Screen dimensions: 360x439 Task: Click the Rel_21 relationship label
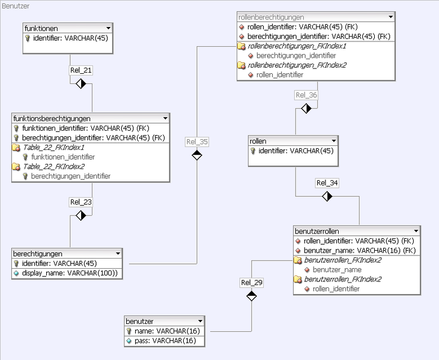point(81,70)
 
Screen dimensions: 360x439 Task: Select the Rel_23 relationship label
point(81,202)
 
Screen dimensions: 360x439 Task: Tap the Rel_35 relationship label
point(197,142)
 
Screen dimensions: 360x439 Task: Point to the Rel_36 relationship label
point(306,95)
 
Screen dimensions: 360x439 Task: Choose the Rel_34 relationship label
point(327,182)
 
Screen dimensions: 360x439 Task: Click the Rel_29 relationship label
point(252,282)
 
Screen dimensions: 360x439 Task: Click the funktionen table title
point(41,28)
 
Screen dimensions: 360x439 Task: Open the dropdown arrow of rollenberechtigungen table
point(390,17)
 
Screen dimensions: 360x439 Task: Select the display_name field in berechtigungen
point(70,273)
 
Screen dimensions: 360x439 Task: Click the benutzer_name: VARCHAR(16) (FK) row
point(360,250)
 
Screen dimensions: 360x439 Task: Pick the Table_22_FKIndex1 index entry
point(53,147)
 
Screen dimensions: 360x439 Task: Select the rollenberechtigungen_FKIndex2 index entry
point(289,65)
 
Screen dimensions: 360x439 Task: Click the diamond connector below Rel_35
point(197,155)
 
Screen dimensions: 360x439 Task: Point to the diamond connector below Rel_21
point(81,83)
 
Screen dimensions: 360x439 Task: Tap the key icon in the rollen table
point(253,151)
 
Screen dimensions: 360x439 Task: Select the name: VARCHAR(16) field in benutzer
point(166,331)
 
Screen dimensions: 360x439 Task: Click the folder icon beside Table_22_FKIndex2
point(17,166)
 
